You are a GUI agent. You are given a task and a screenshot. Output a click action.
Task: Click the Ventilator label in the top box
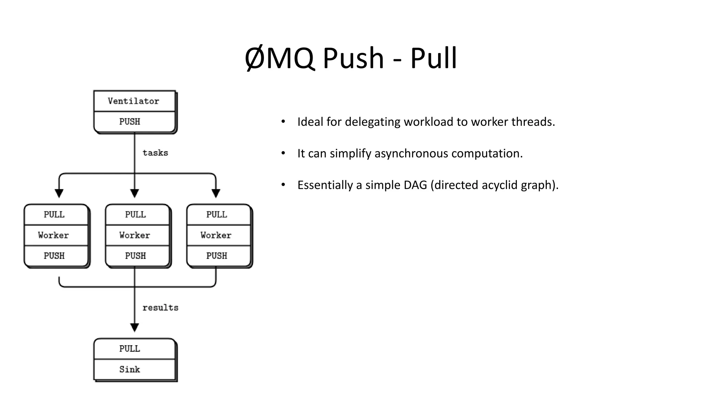133,101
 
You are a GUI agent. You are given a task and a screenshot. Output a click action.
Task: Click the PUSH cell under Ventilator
130,122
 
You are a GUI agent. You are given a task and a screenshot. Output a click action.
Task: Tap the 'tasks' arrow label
155,153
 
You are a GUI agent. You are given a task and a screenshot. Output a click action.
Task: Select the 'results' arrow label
160,308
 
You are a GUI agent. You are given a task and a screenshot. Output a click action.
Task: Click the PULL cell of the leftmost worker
54,215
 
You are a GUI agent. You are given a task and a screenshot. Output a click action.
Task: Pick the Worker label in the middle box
135,235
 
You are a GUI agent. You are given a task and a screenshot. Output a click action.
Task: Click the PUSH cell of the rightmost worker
217,256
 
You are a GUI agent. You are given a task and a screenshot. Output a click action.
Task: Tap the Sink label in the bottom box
130,369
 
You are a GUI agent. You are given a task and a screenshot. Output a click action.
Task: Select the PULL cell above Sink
130,349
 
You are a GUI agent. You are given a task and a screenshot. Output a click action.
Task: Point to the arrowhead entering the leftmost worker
59,193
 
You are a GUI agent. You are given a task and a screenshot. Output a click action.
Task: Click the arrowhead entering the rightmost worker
216,193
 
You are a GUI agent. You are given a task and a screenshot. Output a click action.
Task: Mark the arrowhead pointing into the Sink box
135,327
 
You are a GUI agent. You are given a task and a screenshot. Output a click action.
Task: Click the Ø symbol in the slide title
255,58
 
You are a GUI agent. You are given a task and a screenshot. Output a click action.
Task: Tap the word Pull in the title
433,58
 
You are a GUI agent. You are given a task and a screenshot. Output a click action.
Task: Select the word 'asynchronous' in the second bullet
411,153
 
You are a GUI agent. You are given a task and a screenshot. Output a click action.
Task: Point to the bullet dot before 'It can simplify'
283,153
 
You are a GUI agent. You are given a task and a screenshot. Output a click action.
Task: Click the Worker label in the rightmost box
216,235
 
